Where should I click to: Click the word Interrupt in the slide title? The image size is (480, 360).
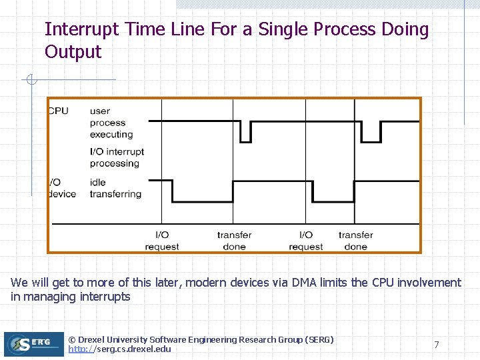[x=82, y=30]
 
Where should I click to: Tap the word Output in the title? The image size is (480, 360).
[x=73, y=52]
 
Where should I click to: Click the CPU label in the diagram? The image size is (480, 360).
[x=58, y=111]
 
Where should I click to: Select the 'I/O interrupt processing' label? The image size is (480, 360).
[x=117, y=157]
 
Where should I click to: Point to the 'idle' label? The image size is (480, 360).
[x=98, y=182]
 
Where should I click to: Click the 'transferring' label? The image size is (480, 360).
[x=115, y=194]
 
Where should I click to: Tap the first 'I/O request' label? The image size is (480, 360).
[x=162, y=241]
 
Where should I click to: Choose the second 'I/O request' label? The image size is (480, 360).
[x=305, y=241]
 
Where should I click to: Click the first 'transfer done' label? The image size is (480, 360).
[x=234, y=241]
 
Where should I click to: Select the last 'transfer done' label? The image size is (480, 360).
[x=355, y=241]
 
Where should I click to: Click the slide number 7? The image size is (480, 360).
[x=437, y=345]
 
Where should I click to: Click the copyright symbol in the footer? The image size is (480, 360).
[x=73, y=340]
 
